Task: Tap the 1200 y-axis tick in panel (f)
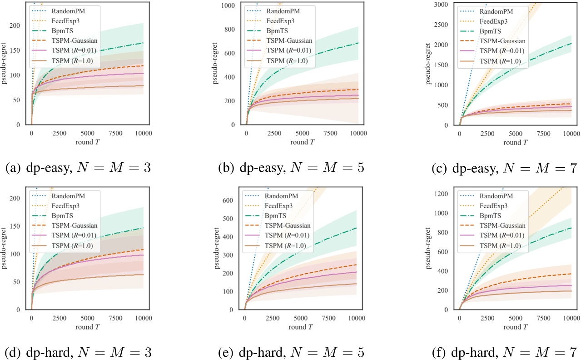[444, 194]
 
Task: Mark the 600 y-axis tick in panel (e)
[233, 200]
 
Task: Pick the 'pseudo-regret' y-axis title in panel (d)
[5, 248]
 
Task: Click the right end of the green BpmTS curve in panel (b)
[358, 43]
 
